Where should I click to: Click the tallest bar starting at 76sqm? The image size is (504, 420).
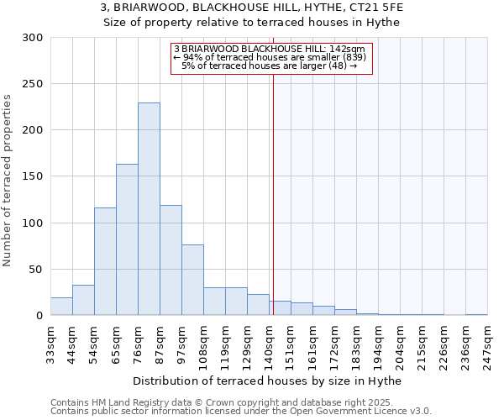[x=149, y=209]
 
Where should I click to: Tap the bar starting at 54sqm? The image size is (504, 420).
[x=105, y=261]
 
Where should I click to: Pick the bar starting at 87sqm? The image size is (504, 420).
[x=171, y=260]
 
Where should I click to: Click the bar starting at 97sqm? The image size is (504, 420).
[x=192, y=280]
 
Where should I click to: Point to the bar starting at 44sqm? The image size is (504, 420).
[x=83, y=301]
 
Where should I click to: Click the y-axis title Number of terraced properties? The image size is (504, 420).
[x=8, y=180]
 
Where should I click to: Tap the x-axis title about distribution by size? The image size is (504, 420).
[x=268, y=381]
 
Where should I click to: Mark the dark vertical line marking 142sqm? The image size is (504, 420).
[x=273, y=193]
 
